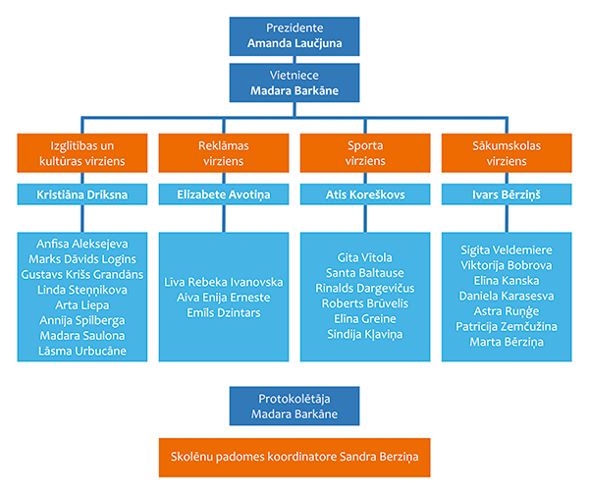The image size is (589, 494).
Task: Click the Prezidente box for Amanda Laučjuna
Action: (294, 36)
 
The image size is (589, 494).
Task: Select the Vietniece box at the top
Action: (294, 82)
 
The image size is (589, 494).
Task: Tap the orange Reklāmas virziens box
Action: (224, 153)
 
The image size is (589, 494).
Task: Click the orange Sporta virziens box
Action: (365, 153)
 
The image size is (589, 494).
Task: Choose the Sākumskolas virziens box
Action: (507, 153)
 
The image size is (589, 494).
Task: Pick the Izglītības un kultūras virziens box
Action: (82, 153)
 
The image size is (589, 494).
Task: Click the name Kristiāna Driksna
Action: (82, 194)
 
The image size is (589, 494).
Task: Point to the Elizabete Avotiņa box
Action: (224, 194)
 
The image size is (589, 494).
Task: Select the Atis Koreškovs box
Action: (365, 194)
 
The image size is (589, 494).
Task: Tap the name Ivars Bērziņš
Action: (507, 194)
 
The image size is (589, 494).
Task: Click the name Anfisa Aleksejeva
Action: (82, 244)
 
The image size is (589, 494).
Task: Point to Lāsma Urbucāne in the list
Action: (82, 351)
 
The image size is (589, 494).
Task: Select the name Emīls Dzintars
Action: (224, 312)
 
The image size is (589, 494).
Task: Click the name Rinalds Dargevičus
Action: (365, 288)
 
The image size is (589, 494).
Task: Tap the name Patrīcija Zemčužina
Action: (507, 326)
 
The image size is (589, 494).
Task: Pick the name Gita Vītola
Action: (365, 257)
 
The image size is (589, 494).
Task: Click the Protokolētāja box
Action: (294, 406)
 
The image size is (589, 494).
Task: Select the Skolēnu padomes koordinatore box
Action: (294, 458)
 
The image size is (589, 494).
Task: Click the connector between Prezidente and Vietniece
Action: (294, 60)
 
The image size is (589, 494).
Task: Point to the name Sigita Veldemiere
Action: (507, 250)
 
